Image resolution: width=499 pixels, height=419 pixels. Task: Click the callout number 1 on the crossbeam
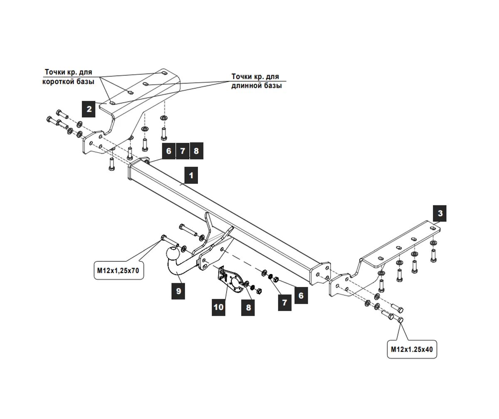pos(191,175)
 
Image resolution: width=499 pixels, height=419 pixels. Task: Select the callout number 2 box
pos(89,109)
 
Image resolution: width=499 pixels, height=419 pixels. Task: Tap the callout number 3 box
pos(440,214)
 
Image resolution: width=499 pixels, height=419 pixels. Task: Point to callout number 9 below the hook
pos(178,291)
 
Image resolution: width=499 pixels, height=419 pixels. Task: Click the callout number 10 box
pos(218,307)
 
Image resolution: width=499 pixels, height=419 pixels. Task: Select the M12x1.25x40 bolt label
pos(412,349)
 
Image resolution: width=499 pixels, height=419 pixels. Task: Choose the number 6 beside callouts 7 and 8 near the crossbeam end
pos(168,151)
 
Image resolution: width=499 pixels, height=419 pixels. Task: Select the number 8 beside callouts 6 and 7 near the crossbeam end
pos(196,151)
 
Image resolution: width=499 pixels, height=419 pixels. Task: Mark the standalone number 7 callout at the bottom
pos(284,302)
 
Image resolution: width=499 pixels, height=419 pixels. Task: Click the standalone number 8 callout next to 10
pos(248,308)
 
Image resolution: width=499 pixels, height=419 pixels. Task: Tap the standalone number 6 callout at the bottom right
pos(301,296)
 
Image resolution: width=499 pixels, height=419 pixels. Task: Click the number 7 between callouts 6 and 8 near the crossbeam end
pos(183,151)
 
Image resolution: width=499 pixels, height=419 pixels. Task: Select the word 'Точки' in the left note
pos(55,72)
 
